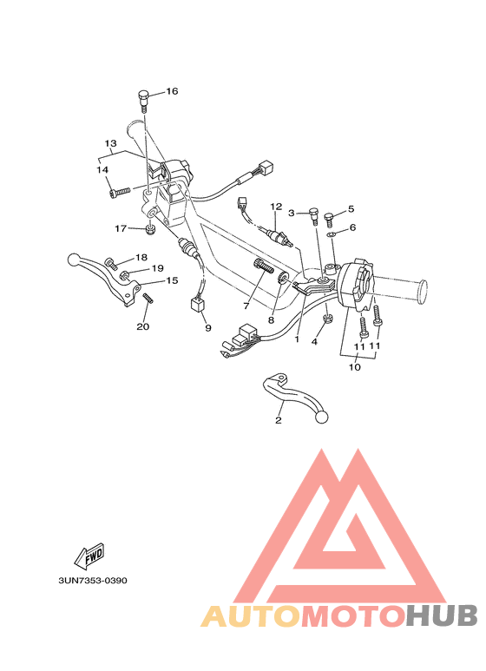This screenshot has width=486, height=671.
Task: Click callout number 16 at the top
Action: pos(172,91)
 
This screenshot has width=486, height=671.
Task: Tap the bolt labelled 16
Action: pos(143,101)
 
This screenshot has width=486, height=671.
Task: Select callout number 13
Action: pos(111,143)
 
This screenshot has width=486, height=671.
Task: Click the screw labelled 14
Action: pos(119,193)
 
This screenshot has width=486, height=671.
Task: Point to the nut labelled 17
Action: pos(150,229)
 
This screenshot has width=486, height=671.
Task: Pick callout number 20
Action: pos(143,326)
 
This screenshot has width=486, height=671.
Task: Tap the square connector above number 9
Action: pos(197,306)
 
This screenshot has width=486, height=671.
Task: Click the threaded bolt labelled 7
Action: pos(264,266)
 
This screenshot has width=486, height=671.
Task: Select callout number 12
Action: pos(276,207)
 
